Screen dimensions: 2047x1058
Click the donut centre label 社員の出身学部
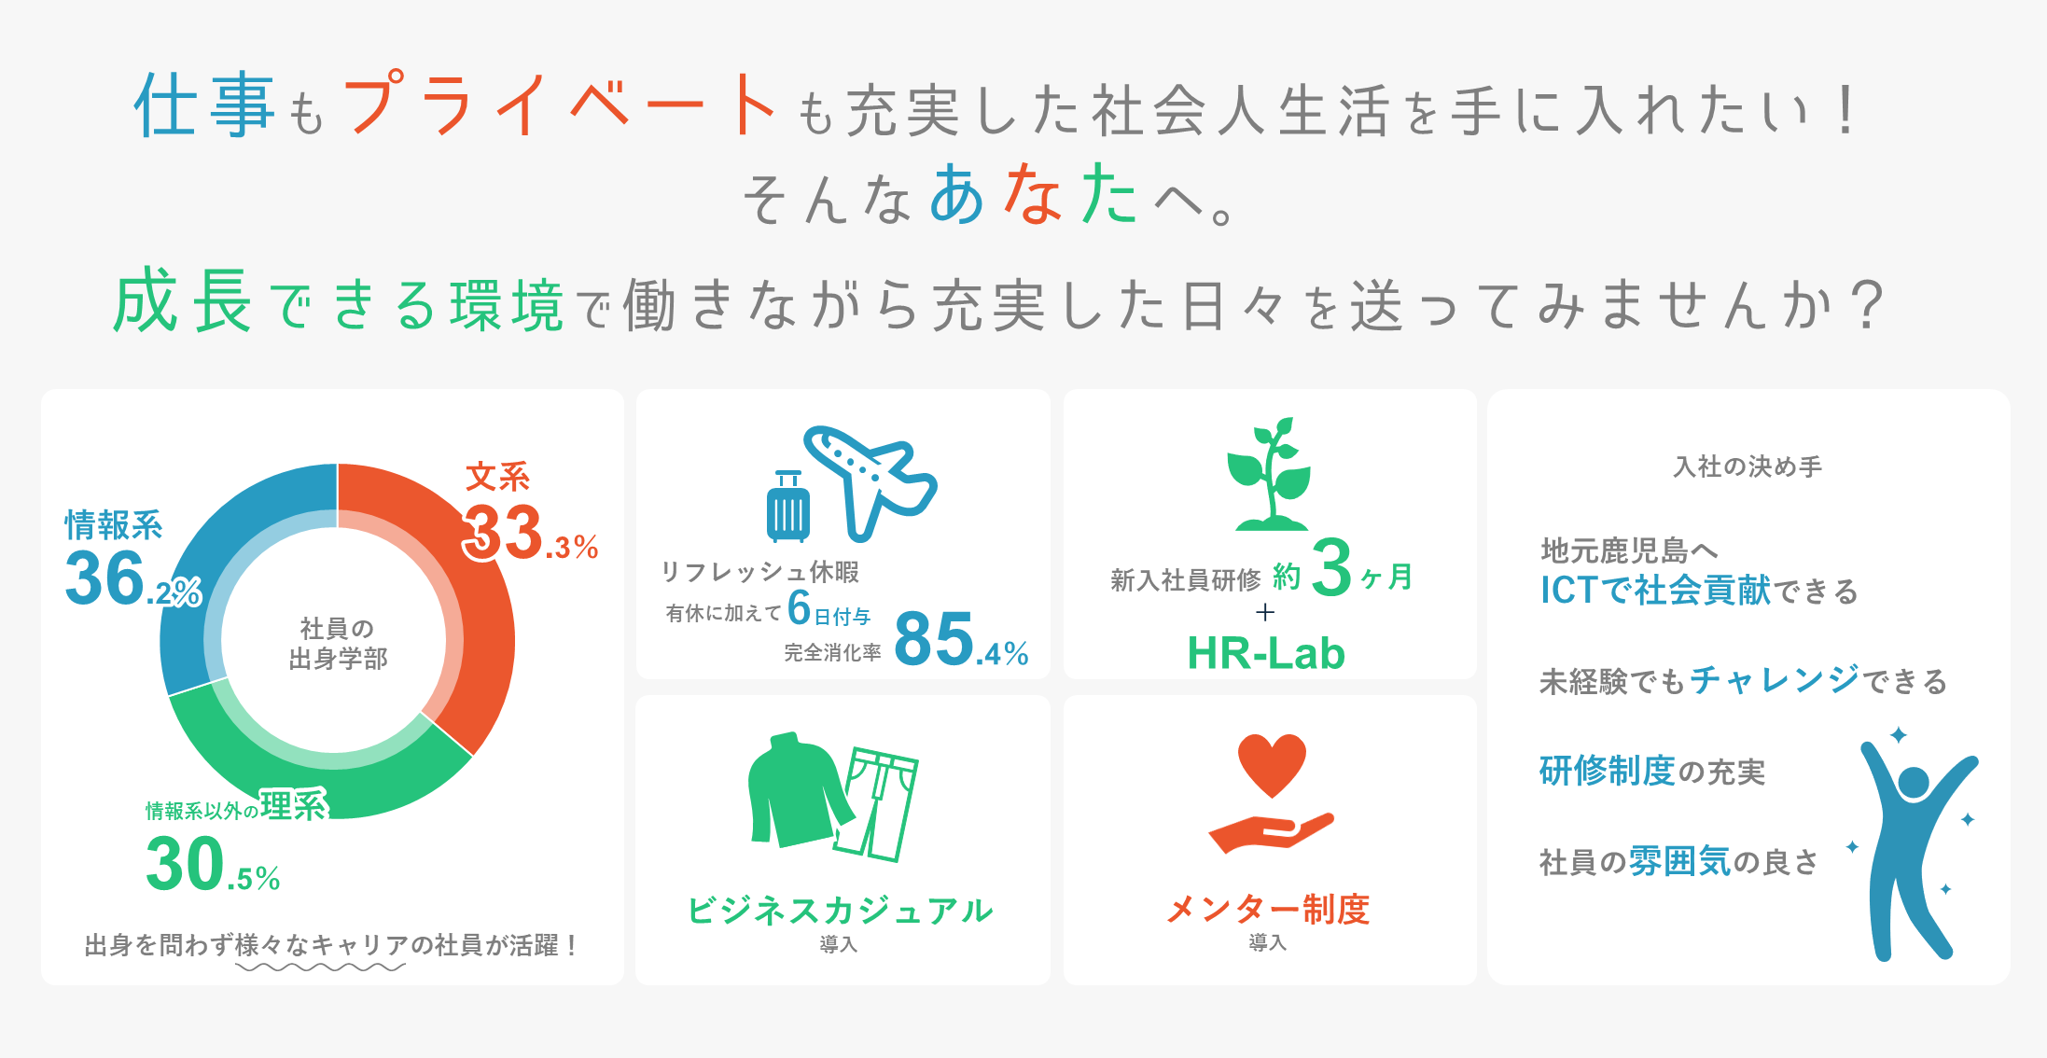pyautogui.click(x=337, y=644)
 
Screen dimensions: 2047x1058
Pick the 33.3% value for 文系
pyautogui.click(x=530, y=533)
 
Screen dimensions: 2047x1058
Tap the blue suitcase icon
pyautogui.click(x=788, y=507)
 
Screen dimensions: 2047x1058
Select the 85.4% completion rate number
pyautogui.click(x=961, y=639)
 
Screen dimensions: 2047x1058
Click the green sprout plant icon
pyautogui.click(x=1270, y=474)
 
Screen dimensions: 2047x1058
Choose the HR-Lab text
pyautogui.click(x=1266, y=653)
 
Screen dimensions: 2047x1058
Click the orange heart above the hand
pyautogui.click(x=1272, y=764)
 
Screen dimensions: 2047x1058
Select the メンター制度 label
pyautogui.click(x=1268, y=909)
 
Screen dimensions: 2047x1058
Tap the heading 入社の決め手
pyautogui.click(x=1748, y=466)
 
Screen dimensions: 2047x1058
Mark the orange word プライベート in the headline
pyautogui.click(x=561, y=104)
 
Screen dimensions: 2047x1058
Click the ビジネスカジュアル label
pyautogui.click(x=840, y=911)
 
